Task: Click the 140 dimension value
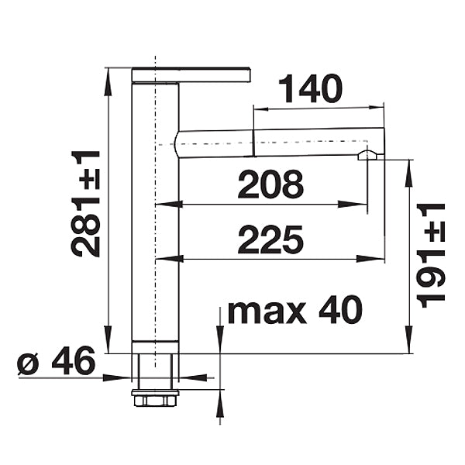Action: click(310, 88)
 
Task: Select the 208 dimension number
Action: click(270, 184)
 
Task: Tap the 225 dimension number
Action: click(270, 239)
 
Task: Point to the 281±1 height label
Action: click(86, 204)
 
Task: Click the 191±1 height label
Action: click(431, 256)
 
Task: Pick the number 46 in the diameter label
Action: click(74, 360)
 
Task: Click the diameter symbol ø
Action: click(28, 364)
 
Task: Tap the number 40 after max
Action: click(341, 309)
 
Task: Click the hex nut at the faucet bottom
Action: click(155, 398)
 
